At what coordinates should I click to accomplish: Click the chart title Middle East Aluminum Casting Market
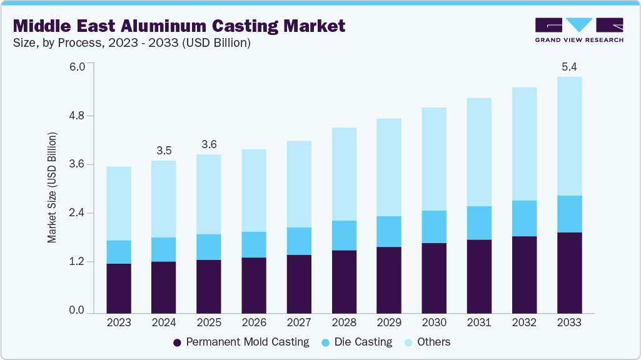(179, 26)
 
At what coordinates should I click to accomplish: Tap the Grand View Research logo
(579, 29)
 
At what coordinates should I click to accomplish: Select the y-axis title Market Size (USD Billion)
(53, 187)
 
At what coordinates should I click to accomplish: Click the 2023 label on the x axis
(119, 323)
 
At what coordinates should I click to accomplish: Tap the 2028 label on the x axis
(344, 323)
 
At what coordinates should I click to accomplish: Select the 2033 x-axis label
(569, 323)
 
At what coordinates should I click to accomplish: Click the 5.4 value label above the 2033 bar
(569, 66)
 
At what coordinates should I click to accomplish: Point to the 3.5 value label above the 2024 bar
(164, 150)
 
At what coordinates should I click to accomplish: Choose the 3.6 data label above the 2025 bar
(209, 144)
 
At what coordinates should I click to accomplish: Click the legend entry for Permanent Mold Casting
(241, 342)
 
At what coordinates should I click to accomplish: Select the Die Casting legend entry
(356, 342)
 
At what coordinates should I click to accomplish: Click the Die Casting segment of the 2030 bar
(434, 227)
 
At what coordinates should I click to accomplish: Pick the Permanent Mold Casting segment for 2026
(254, 285)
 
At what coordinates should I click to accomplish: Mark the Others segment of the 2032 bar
(524, 144)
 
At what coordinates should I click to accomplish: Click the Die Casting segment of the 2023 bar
(119, 252)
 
